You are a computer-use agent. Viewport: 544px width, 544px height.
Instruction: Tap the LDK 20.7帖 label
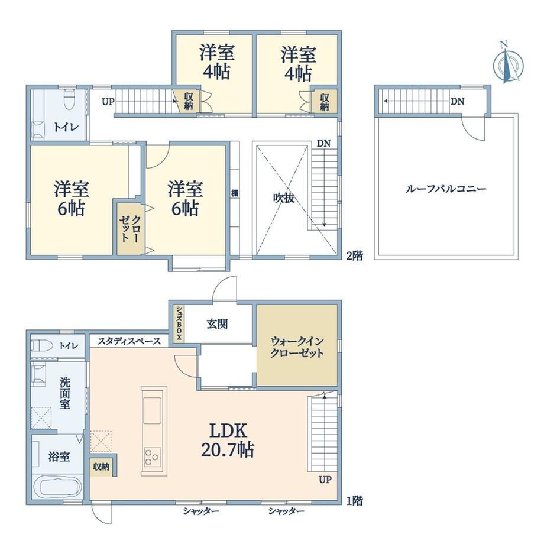228,441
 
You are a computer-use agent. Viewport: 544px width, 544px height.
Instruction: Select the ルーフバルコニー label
446,189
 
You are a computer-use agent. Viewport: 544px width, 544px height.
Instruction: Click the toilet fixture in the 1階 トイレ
41,345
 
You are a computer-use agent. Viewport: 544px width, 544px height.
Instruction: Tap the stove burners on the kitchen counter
153,457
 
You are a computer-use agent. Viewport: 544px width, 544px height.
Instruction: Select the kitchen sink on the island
153,410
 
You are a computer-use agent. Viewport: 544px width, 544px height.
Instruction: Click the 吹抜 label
284,198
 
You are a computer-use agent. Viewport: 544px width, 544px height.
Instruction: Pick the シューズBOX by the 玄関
179,323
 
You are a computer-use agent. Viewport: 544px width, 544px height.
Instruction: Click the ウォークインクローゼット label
297,347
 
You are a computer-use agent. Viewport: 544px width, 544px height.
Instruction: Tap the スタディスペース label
129,341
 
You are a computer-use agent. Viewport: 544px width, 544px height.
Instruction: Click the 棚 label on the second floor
235,193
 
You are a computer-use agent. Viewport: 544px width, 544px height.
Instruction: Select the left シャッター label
201,511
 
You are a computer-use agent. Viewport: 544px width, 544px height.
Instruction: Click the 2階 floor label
355,255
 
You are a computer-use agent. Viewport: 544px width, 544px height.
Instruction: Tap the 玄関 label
217,324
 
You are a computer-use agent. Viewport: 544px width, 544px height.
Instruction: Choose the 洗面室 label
65,393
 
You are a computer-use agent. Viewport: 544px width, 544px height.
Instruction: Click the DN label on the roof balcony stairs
457,101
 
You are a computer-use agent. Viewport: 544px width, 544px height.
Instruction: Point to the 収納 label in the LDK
101,467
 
